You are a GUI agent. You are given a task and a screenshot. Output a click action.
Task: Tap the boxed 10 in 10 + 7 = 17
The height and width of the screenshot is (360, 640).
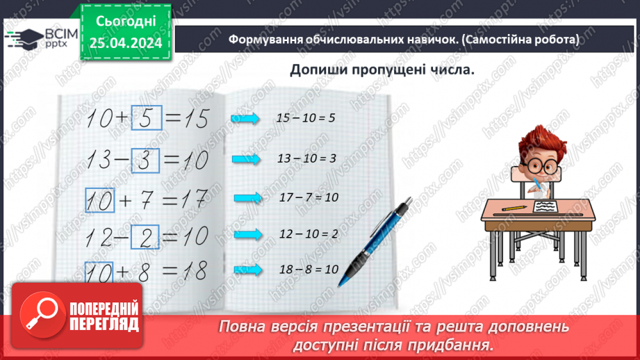coord(99,202)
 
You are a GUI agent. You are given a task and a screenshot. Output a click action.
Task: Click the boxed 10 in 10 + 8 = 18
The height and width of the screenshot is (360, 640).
coord(99,272)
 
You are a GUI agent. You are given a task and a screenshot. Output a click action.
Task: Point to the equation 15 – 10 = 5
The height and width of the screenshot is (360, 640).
coord(306,118)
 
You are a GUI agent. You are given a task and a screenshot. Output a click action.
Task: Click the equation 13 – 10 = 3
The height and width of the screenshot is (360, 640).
coord(306,159)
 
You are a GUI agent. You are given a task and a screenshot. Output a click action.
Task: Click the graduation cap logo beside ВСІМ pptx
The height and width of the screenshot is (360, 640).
coord(19,39)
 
